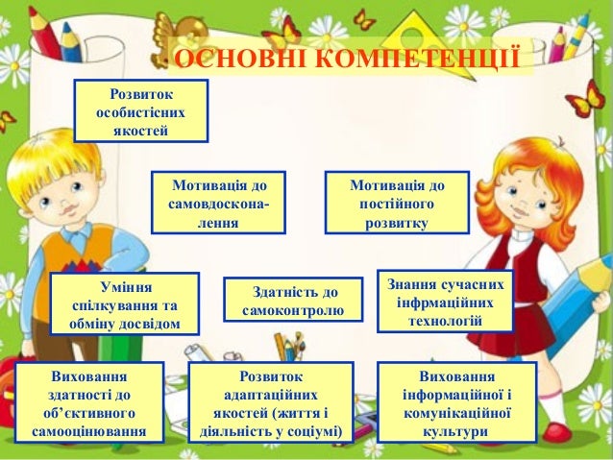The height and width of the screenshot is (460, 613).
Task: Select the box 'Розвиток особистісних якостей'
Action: tap(140, 109)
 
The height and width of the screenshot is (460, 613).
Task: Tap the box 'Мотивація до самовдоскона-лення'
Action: tap(218, 204)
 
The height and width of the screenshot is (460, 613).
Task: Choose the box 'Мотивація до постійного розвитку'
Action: tap(397, 204)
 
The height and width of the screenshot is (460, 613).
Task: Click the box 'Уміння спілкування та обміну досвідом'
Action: tap(125, 303)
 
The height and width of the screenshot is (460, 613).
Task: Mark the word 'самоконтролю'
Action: tap(294, 312)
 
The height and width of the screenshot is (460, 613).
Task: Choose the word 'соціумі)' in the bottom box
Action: tap(312, 431)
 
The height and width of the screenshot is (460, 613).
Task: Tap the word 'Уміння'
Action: tap(125, 286)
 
